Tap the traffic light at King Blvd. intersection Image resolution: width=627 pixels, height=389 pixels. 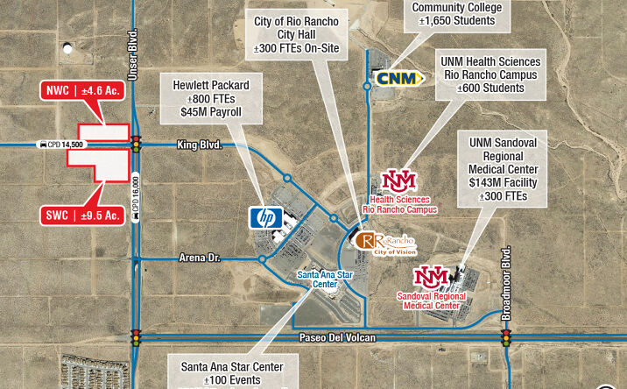click(x=136, y=144)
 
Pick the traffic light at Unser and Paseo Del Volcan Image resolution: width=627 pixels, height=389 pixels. click(x=136, y=338)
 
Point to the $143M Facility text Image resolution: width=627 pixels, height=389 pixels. click(x=509, y=182)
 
